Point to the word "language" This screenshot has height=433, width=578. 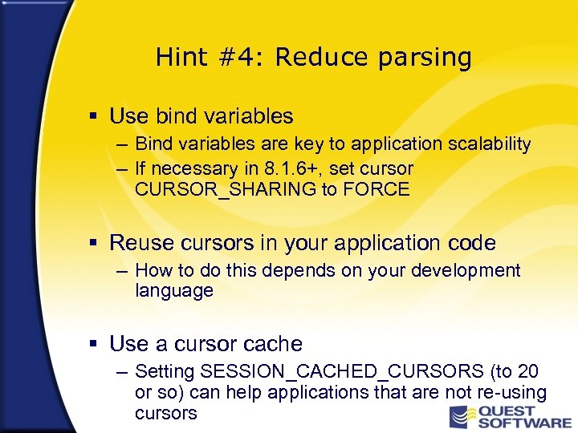(174, 291)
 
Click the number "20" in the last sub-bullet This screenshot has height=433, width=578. (527, 372)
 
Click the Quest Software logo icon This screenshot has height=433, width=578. (459, 415)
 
